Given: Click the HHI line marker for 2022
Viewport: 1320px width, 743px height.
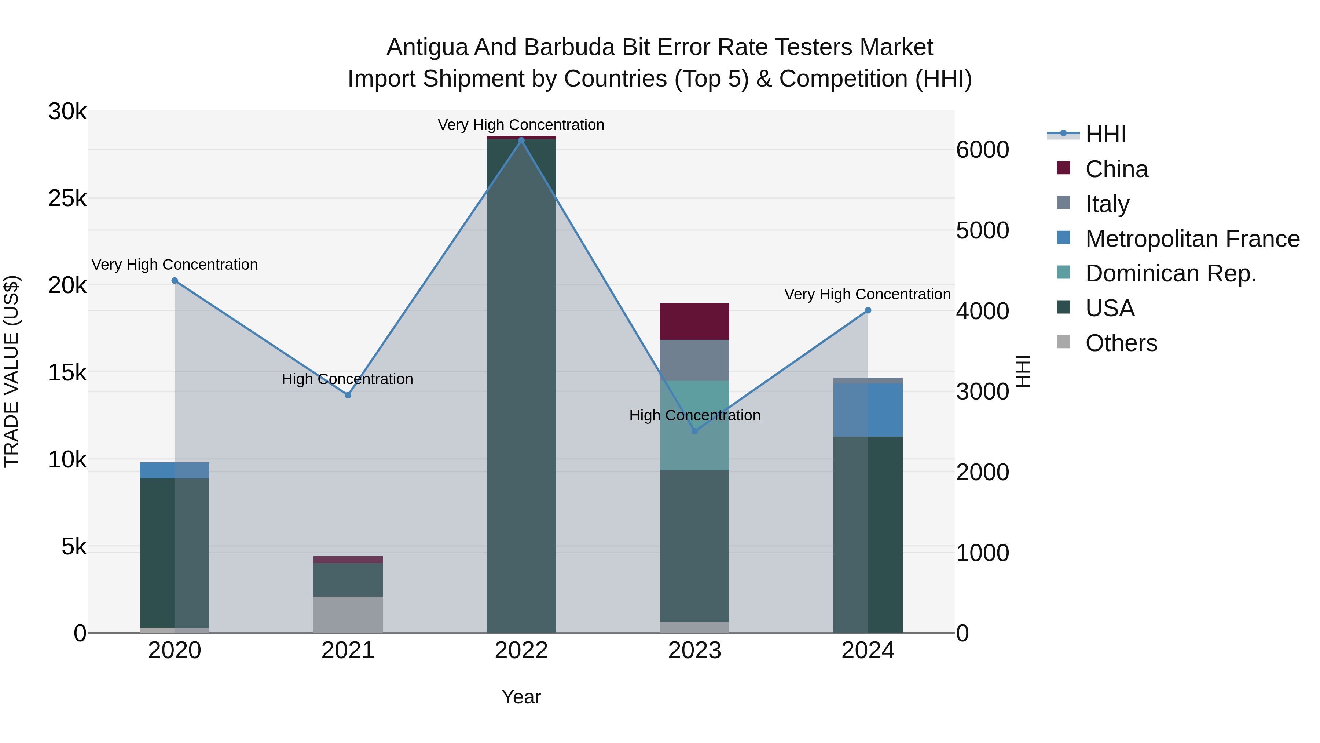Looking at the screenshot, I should [x=521, y=141].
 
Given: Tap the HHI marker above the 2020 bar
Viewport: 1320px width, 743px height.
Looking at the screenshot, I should [x=175, y=280].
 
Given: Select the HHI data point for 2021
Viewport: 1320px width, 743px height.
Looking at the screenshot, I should [x=348, y=395].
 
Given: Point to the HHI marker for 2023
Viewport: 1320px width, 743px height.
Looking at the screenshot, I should [x=695, y=431].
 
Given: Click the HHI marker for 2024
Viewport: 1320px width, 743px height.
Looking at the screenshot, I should [x=868, y=310].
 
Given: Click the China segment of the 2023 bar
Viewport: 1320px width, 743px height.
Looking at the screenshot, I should [x=694, y=321].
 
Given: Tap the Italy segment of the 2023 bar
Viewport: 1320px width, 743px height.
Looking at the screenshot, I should [x=694, y=360].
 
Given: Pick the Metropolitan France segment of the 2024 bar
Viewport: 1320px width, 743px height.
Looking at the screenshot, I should [x=868, y=410].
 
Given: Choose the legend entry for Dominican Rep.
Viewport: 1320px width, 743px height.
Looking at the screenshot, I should [x=1171, y=273].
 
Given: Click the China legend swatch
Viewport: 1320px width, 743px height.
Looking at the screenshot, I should [x=1063, y=168].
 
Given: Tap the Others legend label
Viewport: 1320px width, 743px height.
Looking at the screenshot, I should [x=1121, y=343].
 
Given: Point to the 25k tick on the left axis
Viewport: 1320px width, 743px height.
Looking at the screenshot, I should [x=67, y=199].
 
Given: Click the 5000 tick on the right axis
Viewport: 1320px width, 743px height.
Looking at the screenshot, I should [x=982, y=231].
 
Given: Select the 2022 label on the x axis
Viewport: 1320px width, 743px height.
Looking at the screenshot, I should [x=521, y=651].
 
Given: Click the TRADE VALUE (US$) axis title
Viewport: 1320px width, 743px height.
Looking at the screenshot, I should [x=11, y=371].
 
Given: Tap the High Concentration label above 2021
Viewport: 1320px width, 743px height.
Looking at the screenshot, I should [x=348, y=379].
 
